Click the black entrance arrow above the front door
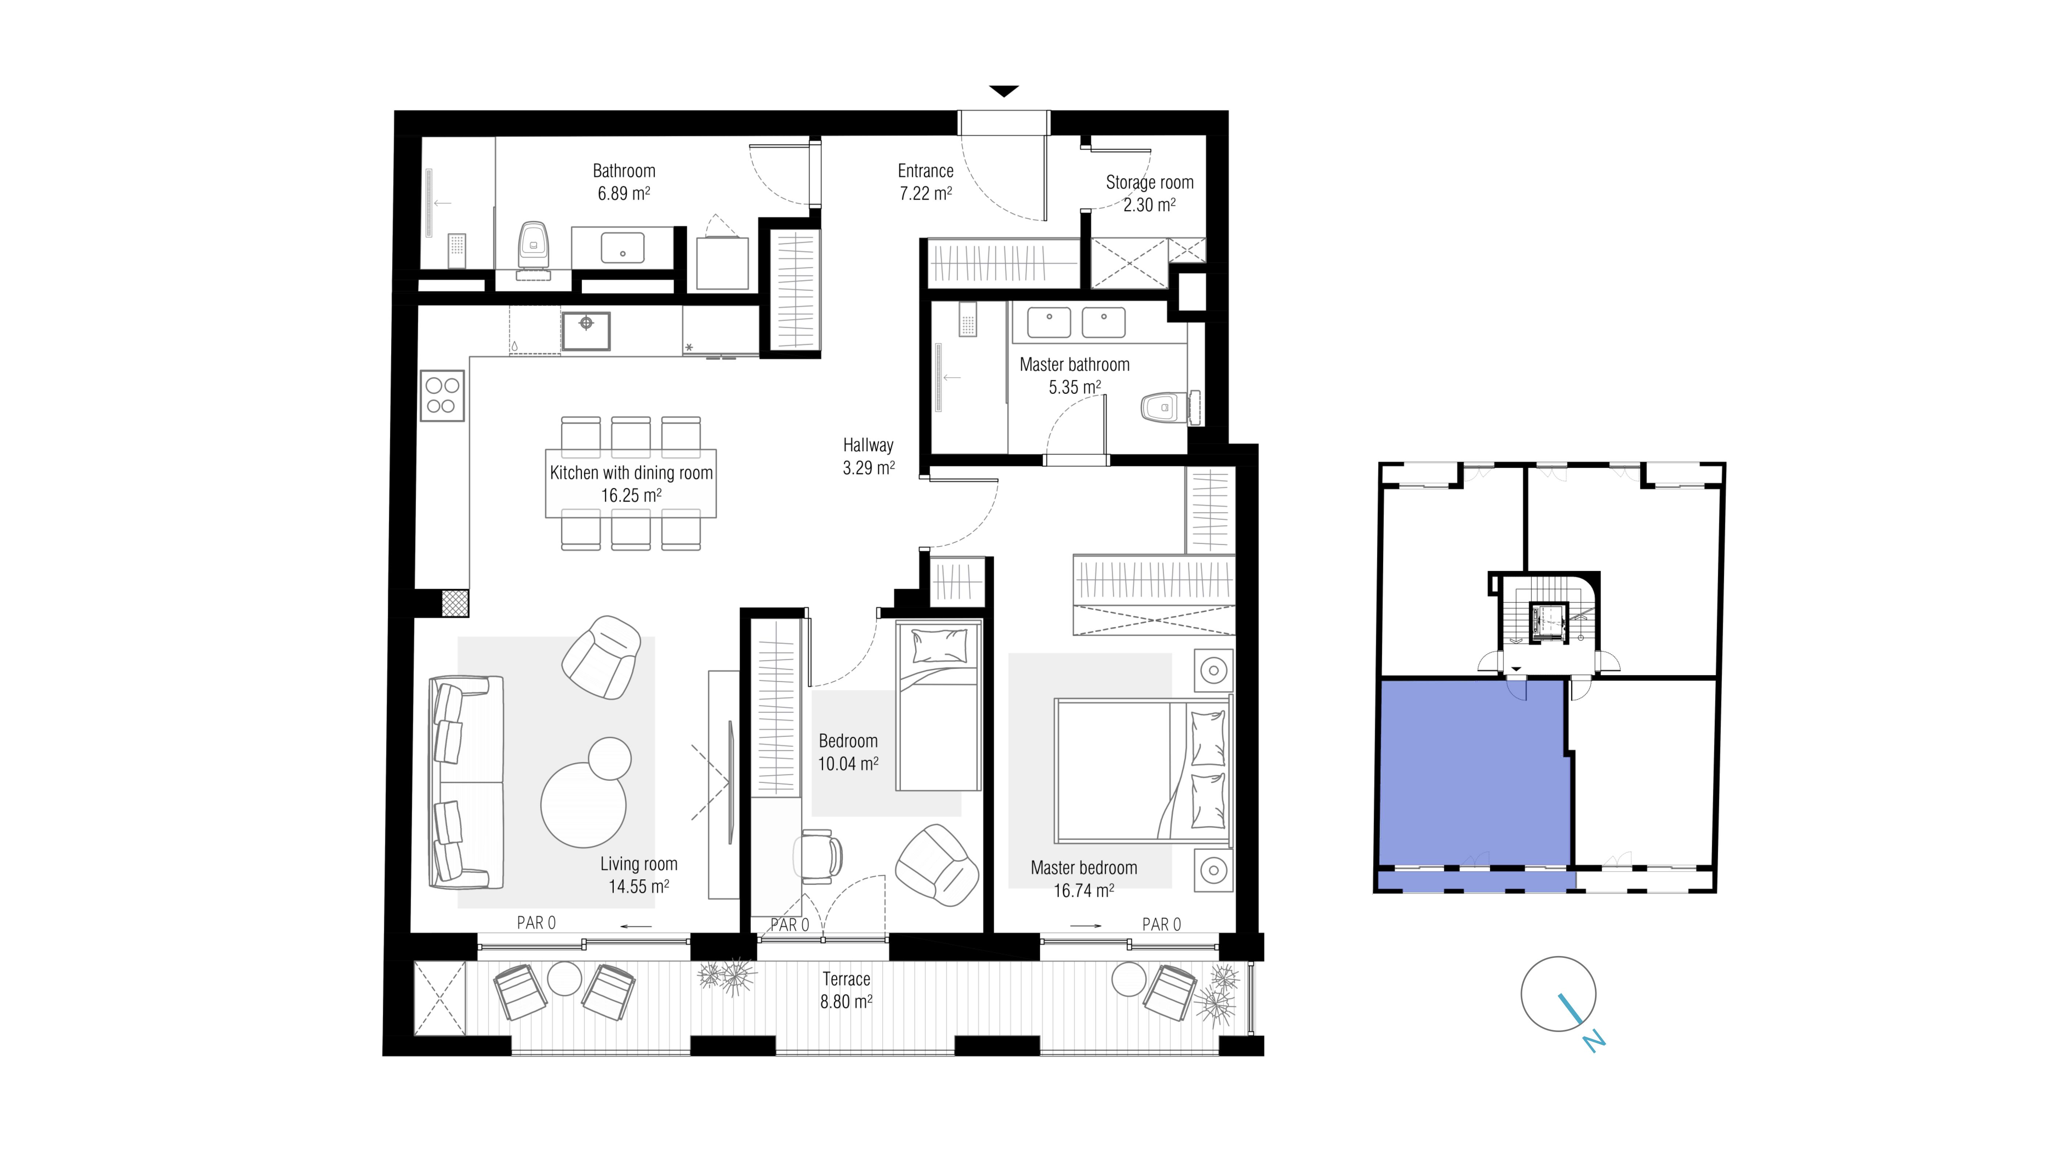(1003, 91)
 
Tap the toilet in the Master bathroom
(1162, 408)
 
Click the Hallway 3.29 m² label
(868, 456)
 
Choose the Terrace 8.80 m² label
(846, 990)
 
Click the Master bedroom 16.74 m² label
(1084, 879)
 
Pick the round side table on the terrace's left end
(564, 978)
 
